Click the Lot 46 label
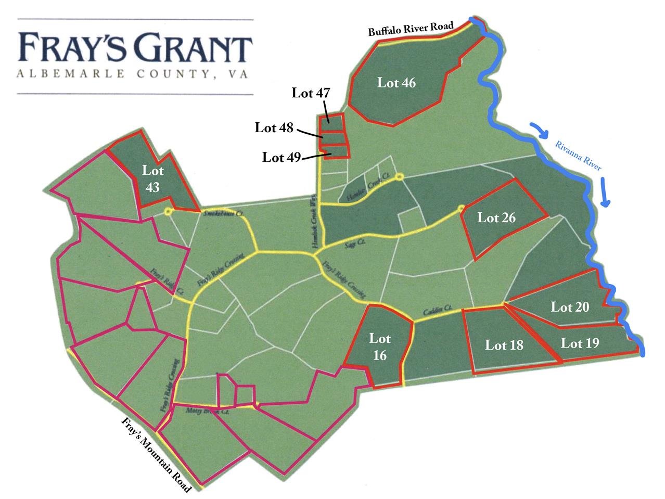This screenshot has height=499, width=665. pos(397,83)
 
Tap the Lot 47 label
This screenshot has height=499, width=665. pos(311,93)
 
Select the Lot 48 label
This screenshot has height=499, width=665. pos(274,127)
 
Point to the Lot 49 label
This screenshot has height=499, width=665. pos(282,157)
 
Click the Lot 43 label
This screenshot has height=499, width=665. pos(152,178)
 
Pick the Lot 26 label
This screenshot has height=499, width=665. pos(496,217)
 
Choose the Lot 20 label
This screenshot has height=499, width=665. pos(570,307)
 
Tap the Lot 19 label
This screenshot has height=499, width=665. pos(580,343)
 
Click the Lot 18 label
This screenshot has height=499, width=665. pos(504,345)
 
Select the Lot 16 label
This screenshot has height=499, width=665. pos(379,347)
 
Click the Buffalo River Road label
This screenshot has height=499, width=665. pos(411,29)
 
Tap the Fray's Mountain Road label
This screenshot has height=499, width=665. pos(156,454)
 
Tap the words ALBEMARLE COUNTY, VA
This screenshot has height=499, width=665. pos(132,74)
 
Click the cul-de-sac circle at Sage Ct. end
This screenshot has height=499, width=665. pos(461,209)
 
